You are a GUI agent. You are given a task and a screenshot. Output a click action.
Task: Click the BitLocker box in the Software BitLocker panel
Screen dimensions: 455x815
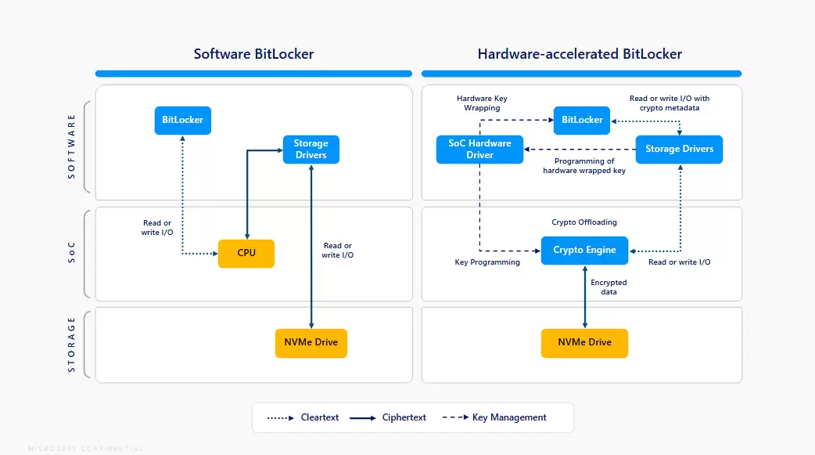[x=183, y=121]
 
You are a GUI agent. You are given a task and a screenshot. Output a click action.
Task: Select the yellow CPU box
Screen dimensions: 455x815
[x=246, y=253]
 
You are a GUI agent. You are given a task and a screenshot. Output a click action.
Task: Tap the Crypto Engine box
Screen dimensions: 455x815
[x=584, y=251]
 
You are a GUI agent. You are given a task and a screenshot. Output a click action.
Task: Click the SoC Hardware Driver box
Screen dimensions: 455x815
[x=479, y=149]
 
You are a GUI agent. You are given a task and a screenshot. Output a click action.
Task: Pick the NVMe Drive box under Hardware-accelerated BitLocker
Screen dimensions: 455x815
[x=584, y=343]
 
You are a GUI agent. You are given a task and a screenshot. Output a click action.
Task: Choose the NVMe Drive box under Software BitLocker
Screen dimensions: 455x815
[x=311, y=343]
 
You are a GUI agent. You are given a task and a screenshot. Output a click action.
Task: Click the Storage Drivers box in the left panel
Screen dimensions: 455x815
[x=311, y=149]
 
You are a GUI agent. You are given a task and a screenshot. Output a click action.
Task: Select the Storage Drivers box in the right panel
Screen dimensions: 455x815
[x=679, y=149]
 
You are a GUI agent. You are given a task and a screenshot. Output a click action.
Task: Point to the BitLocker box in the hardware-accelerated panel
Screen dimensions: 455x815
[x=582, y=120]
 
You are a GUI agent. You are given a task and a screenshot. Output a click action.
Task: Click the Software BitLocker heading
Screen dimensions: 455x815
[x=253, y=54]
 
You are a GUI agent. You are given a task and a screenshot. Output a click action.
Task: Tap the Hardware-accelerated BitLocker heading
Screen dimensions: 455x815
[x=580, y=54]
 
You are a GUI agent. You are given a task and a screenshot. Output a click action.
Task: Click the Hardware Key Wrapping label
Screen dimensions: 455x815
[x=482, y=103]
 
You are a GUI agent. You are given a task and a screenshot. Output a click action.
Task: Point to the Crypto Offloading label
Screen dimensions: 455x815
[x=584, y=222]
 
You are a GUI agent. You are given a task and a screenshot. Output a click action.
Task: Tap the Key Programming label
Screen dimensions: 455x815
[x=487, y=262]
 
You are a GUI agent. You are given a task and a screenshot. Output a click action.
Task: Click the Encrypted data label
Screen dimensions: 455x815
[x=609, y=287]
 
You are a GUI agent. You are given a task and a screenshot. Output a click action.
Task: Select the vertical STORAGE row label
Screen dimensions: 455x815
[x=72, y=344]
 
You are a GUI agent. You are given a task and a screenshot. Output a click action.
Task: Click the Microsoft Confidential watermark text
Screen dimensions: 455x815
[x=85, y=449]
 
